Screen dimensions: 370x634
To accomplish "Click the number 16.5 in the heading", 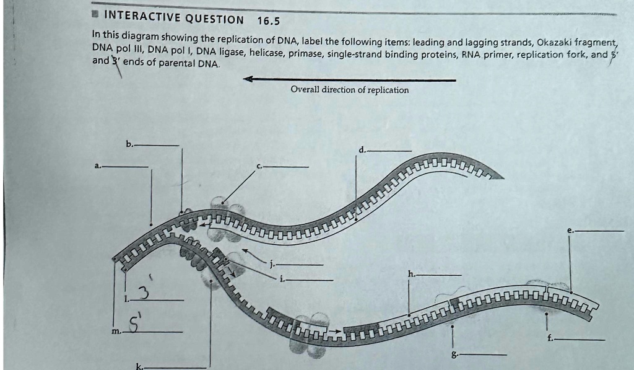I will [x=268, y=21].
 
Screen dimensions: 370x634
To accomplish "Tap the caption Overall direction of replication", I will [x=349, y=90].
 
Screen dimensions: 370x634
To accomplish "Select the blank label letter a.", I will [x=97, y=165].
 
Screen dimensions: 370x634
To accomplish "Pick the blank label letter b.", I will [x=129, y=144].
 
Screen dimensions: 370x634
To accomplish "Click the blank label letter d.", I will [x=362, y=149].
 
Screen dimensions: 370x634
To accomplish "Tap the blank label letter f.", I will [x=550, y=339].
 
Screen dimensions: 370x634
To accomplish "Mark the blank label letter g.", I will [x=456, y=354].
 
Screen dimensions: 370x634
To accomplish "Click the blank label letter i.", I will [x=282, y=278].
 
